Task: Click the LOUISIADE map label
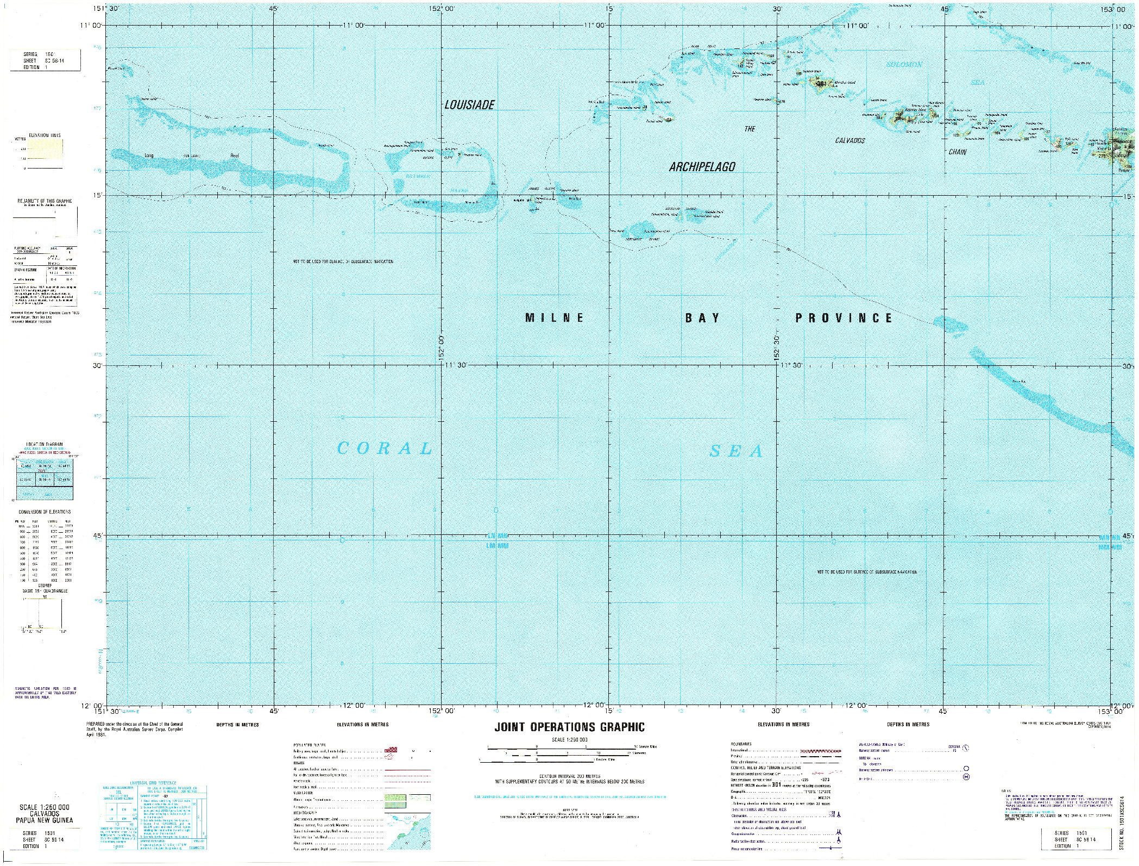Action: (469, 105)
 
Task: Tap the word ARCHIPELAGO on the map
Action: (702, 167)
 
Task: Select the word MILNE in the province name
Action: (554, 318)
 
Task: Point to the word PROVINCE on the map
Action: (844, 318)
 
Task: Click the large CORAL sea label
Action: (385, 448)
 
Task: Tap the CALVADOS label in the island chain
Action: (850, 141)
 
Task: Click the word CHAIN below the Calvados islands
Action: (957, 152)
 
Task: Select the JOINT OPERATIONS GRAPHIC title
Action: (569, 727)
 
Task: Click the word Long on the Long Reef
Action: (149, 155)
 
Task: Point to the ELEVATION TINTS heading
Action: (45, 135)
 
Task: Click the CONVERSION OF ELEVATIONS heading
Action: (45, 512)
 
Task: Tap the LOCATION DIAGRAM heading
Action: (45, 444)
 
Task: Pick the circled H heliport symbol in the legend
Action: (966, 777)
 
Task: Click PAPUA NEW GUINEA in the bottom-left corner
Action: (45, 821)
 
